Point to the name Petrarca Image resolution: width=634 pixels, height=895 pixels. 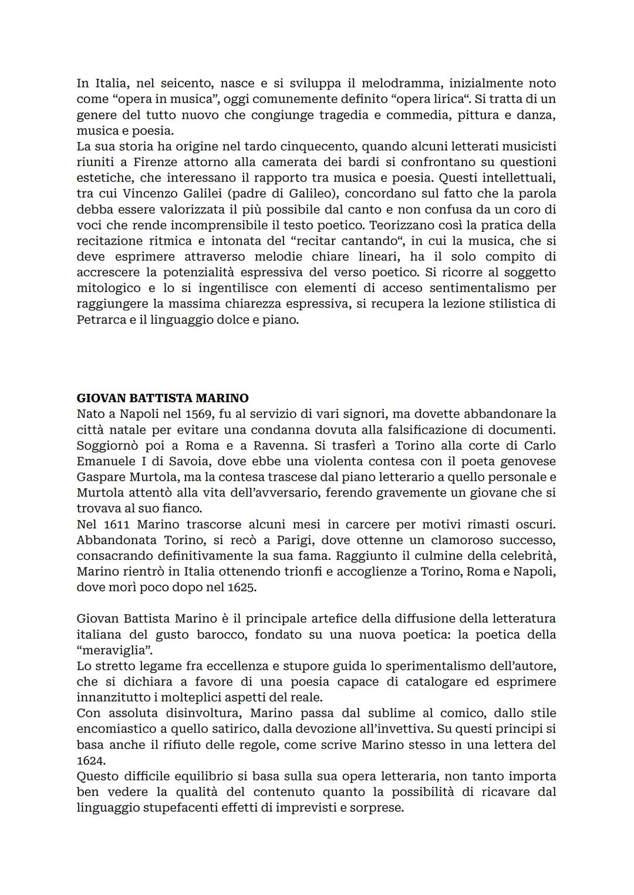coord(101,320)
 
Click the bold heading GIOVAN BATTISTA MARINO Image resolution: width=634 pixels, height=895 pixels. coord(163,398)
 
